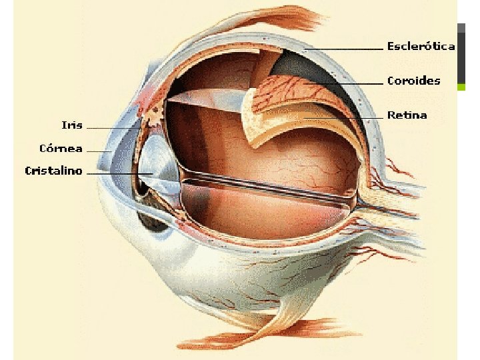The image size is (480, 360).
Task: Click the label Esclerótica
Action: pos(421,47)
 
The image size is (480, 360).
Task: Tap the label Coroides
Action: pos(413,81)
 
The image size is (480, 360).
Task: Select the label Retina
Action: pos(407,115)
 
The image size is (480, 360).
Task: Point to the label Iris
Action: pos(72,125)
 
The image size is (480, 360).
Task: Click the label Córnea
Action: pos(61,148)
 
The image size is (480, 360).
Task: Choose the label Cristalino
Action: pos(53,171)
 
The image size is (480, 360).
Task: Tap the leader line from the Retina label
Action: pos(347,117)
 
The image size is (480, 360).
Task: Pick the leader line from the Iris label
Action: pos(110,127)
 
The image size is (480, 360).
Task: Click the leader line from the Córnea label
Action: pos(99,151)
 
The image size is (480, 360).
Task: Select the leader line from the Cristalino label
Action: pos(117,173)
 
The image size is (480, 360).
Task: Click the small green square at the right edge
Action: pos(461,87)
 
